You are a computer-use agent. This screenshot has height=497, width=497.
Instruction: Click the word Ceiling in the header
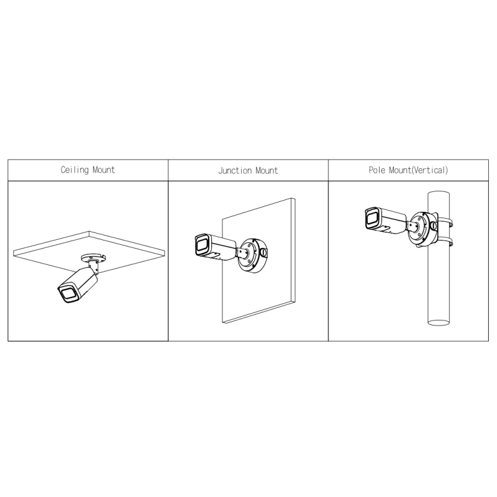[75, 170]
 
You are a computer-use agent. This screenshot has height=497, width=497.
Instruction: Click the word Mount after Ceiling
[104, 170]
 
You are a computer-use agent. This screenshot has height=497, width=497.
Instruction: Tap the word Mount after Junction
[267, 170]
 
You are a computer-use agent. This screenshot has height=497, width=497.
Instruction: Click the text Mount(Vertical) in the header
[418, 170]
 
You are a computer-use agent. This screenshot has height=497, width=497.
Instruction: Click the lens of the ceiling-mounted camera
[68, 294]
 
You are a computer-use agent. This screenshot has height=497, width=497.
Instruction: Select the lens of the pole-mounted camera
[372, 219]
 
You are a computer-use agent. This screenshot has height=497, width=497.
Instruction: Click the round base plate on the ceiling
[93, 257]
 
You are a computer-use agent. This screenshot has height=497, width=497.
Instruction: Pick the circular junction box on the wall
[253, 255]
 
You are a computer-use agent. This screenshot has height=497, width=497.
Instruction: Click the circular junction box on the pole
[423, 229]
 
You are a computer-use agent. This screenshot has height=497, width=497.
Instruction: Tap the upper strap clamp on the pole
[445, 222]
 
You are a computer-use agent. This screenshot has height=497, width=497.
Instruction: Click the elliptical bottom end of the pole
[439, 322]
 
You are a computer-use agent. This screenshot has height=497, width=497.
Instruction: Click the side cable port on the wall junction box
[263, 252]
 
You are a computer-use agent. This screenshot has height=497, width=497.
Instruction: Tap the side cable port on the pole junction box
[434, 226]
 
